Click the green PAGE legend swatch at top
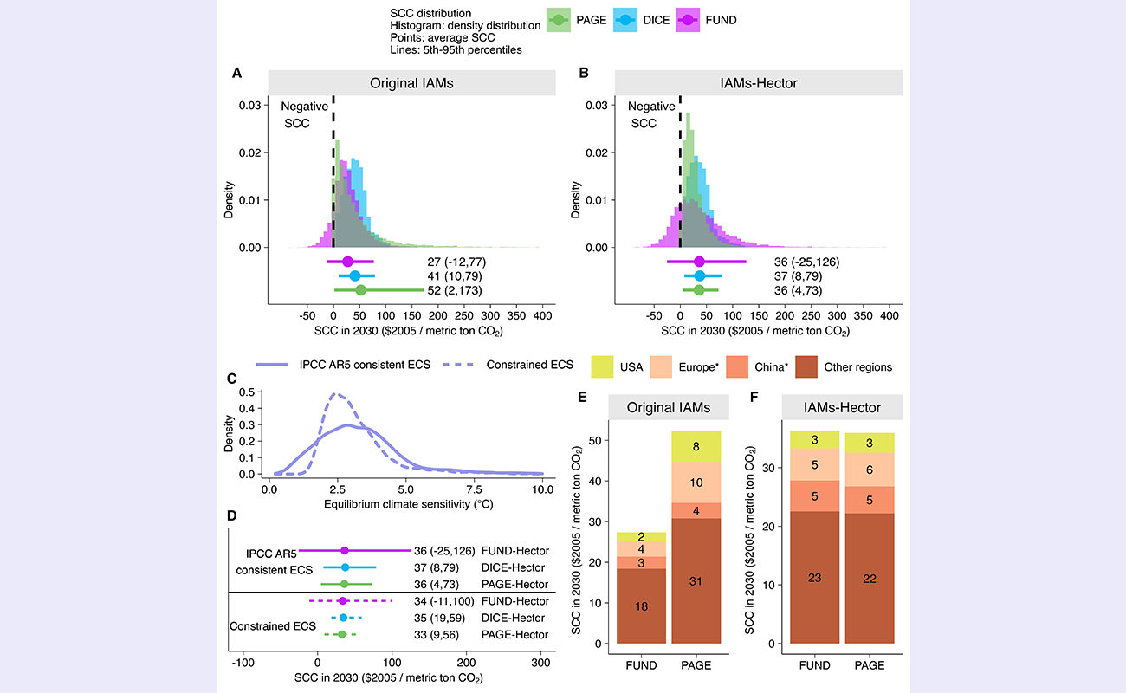click(x=560, y=19)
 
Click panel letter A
click(x=236, y=74)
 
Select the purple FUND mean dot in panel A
click(x=348, y=262)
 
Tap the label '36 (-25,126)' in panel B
click(x=807, y=262)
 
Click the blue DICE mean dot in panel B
click(x=700, y=275)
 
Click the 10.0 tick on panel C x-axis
click(x=542, y=489)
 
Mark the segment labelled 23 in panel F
click(x=815, y=577)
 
